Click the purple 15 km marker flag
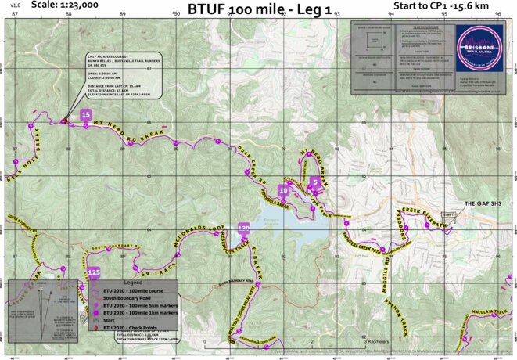click(86, 115)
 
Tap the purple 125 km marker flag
click(94, 272)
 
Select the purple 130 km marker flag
click(244, 228)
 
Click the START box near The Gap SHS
click(447, 214)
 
